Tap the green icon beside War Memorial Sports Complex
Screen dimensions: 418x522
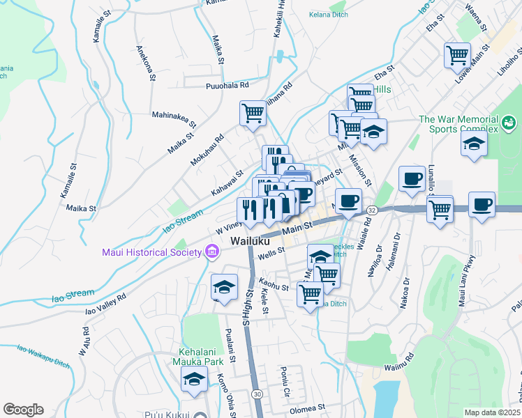pos(510,125)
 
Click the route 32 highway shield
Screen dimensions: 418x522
pos(372,210)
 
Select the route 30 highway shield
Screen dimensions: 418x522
pos(258,394)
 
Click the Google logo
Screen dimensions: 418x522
pos(23,409)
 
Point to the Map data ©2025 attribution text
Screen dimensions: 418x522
pos(492,412)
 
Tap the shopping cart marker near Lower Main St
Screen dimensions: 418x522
pos(457,55)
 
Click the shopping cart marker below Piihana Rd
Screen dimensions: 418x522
pos(253,112)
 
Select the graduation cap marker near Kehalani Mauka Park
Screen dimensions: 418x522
pos(193,379)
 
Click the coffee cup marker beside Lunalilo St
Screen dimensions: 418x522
pos(412,178)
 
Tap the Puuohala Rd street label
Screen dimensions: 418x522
pos(227,86)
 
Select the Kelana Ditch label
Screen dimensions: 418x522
pos(329,14)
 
